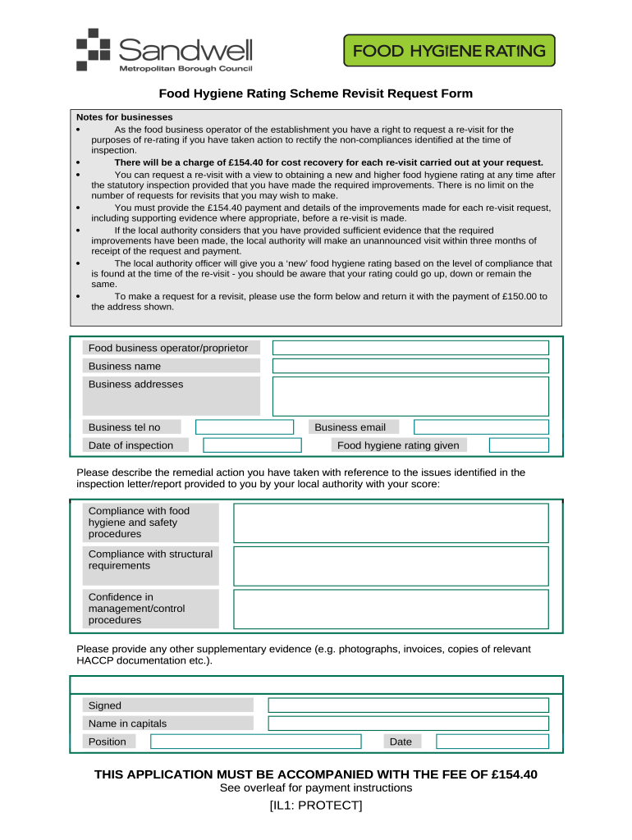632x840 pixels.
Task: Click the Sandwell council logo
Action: click(163, 50)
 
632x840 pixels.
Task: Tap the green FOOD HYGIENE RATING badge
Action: click(448, 51)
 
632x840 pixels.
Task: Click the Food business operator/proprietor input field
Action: click(410, 348)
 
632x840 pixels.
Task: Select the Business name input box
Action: click(410, 366)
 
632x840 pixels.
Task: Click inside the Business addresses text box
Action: click(410, 396)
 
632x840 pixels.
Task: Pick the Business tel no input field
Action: click(244, 427)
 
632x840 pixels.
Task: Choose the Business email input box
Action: click(481, 427)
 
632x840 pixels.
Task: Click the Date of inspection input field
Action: click(252, 445)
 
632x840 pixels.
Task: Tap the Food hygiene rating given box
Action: click(519, 445)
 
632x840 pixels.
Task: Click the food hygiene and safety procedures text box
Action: click(391, 523)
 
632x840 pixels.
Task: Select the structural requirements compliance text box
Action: click(391, 566)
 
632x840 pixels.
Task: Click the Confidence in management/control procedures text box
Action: click(391, 609)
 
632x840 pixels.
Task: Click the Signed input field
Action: click(408, 705)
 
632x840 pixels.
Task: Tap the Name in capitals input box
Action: click(408, 724)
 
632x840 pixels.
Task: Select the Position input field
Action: click(255, 742)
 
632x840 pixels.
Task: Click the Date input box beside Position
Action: click(492, 742)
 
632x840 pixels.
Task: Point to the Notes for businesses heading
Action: click(125, 117)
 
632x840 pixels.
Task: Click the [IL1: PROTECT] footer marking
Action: click(316, 806)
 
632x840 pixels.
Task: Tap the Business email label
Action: click(350, 427)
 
